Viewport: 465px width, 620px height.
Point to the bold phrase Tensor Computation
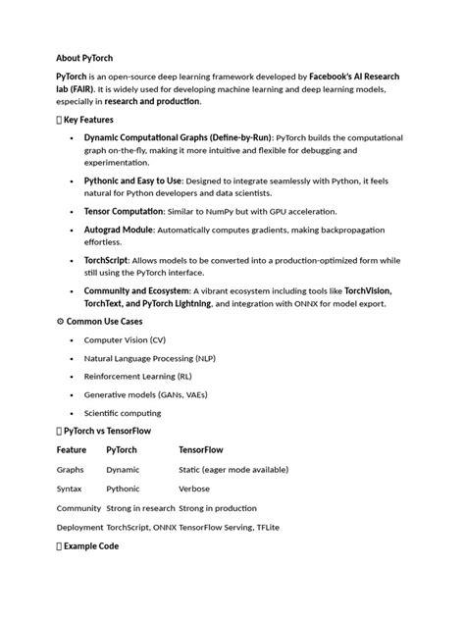click(x=124, y=211)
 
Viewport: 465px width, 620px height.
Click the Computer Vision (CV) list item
click(x=125, y=339)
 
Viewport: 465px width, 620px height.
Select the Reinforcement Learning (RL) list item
click(x=138, y=377)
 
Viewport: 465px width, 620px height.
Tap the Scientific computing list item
click(x=123, y=413)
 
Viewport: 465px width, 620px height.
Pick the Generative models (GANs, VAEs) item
click(x=138, y=394)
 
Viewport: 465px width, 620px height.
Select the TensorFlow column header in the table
click(x=201, y=450)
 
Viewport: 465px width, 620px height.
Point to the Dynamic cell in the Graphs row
click(x=123, y=470)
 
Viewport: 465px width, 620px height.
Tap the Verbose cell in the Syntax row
click(x=194, y=488)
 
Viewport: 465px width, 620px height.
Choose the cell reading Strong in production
click(x=218, y=508)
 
